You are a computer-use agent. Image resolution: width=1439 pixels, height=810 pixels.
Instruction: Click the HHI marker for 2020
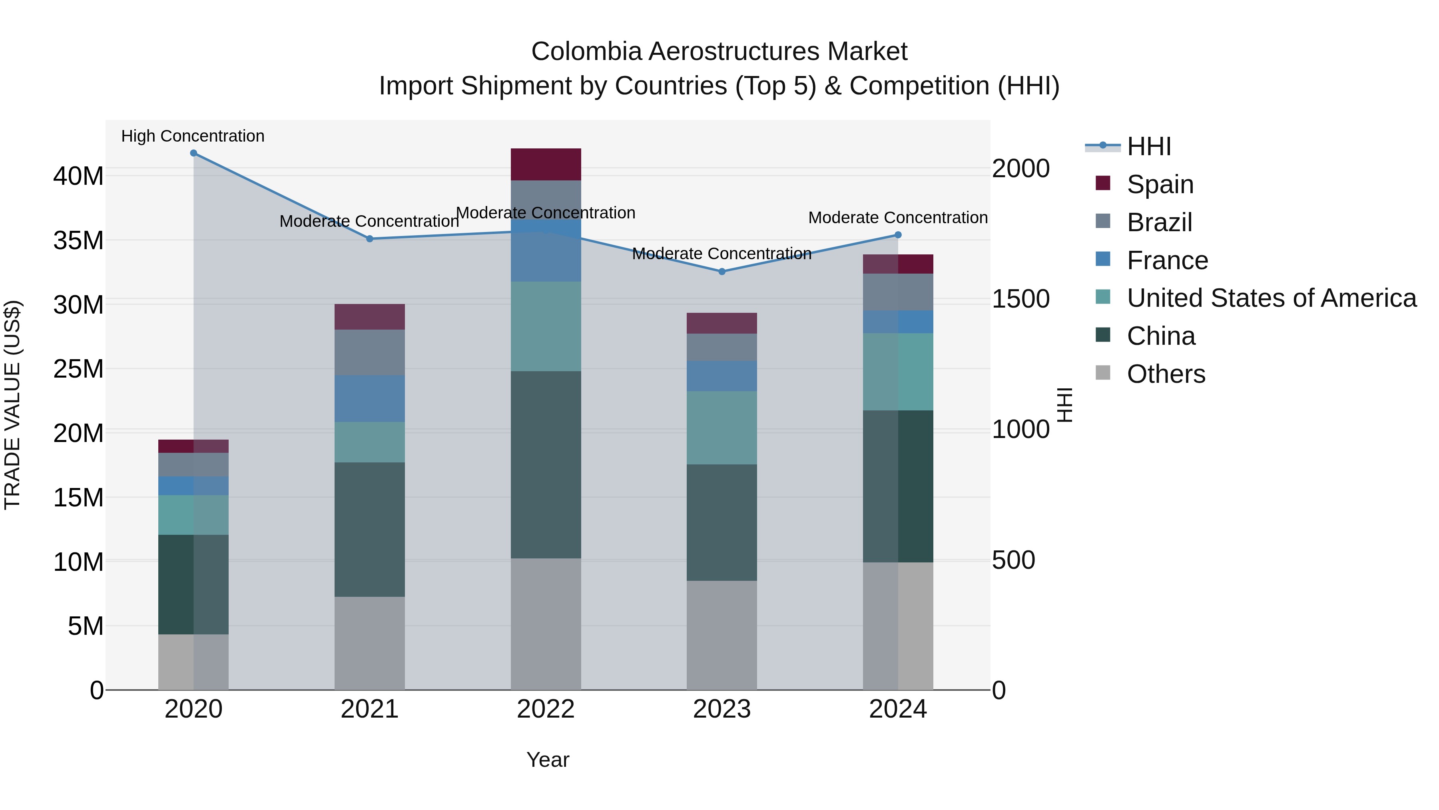193,153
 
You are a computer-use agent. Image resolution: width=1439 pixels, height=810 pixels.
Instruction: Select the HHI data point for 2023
722,272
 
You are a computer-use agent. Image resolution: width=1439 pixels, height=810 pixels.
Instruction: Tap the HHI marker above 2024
898,235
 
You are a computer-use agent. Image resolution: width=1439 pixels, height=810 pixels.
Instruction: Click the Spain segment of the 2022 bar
546,164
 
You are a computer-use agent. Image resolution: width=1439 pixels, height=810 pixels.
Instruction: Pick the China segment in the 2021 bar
369,529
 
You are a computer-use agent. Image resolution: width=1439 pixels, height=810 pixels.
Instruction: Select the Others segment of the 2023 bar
722,635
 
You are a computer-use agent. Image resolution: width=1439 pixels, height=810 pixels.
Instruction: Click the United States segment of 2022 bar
546,326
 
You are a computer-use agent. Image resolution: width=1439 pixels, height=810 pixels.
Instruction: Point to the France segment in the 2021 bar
369,398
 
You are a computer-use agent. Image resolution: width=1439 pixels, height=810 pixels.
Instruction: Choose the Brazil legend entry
1159,222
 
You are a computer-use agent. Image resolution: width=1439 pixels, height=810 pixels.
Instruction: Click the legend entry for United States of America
1271,298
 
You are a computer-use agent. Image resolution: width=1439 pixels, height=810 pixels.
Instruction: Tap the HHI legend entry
1148,146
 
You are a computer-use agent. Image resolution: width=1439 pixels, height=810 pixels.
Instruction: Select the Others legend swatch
1103,373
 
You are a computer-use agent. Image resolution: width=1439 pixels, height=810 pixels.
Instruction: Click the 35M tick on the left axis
78,240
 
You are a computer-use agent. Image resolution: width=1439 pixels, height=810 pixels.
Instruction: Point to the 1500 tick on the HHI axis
1020,299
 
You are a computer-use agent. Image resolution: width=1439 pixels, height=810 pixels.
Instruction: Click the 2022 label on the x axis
546,709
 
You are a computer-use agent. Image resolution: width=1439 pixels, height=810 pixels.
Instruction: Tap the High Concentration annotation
193,136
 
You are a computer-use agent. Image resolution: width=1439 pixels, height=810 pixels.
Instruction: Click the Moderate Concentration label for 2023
722,254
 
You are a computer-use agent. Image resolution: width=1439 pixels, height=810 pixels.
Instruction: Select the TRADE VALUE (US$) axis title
12,405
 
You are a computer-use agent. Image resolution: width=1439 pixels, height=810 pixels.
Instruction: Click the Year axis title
548,760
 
